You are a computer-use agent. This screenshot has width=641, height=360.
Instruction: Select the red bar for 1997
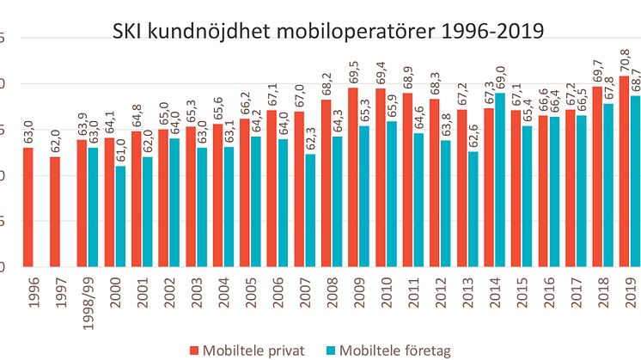[55, 211]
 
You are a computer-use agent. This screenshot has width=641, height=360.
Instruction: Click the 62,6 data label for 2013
[473, 137]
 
